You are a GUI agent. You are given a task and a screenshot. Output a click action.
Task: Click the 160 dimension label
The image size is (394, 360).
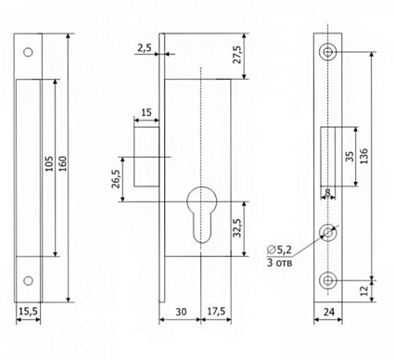point(62,164)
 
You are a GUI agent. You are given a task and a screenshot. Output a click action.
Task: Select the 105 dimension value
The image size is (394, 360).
point(49,164)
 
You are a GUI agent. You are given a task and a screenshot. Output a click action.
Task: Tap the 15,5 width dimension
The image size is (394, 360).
point(28,311)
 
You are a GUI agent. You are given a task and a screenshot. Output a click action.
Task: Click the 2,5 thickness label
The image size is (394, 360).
point(145,48)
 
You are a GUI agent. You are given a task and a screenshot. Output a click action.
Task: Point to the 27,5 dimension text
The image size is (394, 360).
point(237,55)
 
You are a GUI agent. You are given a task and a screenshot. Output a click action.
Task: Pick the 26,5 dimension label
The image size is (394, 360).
point(116,179)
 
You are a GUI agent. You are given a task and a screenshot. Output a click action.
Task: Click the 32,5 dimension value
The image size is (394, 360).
point(237,228)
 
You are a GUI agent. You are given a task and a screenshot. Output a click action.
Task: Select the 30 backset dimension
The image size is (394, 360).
point(181,312)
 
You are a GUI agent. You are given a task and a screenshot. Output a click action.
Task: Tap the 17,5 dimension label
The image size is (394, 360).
point(216,312)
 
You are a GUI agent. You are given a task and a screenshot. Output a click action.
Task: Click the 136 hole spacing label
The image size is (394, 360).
point(364,156)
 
